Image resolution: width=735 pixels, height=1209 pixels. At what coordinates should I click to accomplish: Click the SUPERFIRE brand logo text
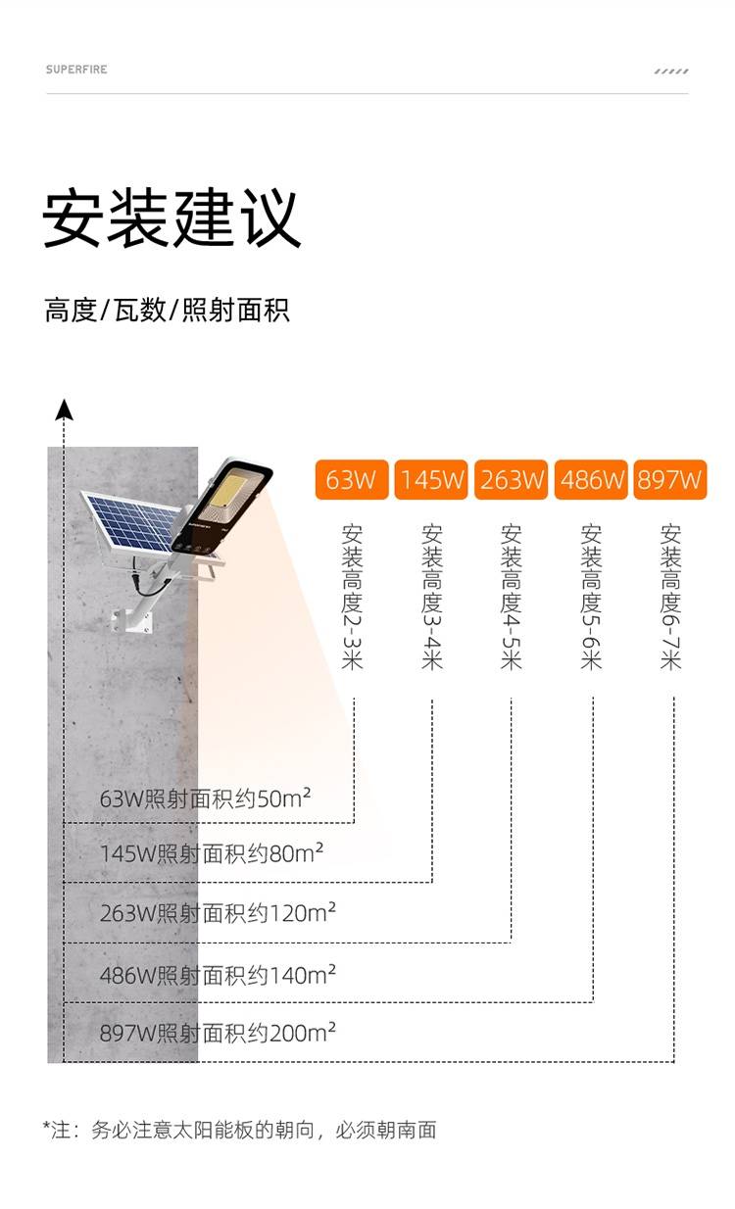tap(76, 70)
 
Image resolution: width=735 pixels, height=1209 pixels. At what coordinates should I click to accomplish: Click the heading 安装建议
tap(171, 218)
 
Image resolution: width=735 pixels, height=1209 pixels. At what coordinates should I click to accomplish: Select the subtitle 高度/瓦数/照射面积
tap(167, 312)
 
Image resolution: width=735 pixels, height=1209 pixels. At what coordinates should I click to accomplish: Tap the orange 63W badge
tap(352, 480)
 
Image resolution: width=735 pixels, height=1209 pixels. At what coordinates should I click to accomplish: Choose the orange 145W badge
tap(431, 480)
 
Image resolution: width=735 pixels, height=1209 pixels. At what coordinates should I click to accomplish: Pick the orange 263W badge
tap(511, 480)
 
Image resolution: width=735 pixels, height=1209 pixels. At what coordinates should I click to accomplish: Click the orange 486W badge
tap(591, 480)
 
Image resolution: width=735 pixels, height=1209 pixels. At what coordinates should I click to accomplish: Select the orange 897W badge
tap(670, 480)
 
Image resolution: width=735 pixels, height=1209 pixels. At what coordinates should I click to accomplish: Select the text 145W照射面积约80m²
tap(212, 853)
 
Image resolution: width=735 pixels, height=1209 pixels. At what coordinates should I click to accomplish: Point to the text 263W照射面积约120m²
tap(218, 913)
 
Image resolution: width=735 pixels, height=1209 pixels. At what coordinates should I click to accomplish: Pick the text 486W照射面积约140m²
tap(218, 975)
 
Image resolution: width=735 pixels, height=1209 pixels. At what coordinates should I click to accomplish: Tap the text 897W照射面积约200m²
tap(218, 1033)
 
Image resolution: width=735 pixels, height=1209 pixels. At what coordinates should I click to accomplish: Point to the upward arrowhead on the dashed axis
tap(64, 409)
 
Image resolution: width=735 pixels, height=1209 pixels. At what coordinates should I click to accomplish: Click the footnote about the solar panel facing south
tap(239, 1130)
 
